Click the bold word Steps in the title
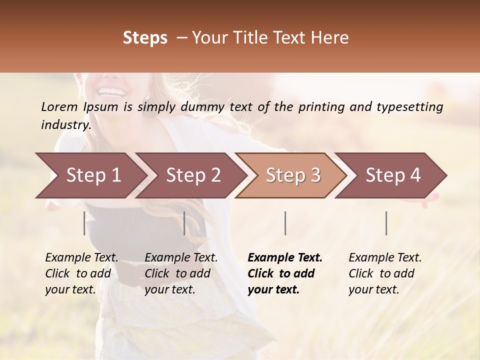click(145, 38)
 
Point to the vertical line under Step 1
click(84, 223)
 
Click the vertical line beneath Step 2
click(184, 223)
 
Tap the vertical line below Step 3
click(285, 223)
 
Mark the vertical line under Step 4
click(386, 223)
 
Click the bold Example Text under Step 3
click(285, 258)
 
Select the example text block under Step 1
click(81, 273)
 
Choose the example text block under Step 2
click(181, 273)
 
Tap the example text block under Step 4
click(385, 273)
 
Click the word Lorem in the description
click(59, 107)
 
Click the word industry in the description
click(65, 125)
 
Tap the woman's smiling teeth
click(112, 92)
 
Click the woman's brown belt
click(125, 278)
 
